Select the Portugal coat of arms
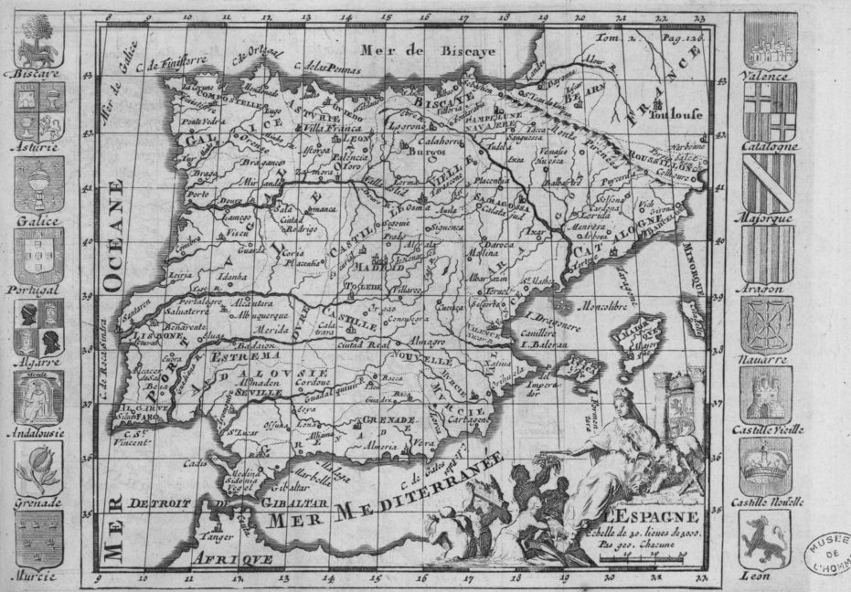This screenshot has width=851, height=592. pos(38,255)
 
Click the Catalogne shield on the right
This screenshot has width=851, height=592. pos(769,111)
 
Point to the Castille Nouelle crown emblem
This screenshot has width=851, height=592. pos(765,465)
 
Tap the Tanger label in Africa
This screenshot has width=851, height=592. pos(210,536)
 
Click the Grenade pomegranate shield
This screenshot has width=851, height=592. pos(38,469)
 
